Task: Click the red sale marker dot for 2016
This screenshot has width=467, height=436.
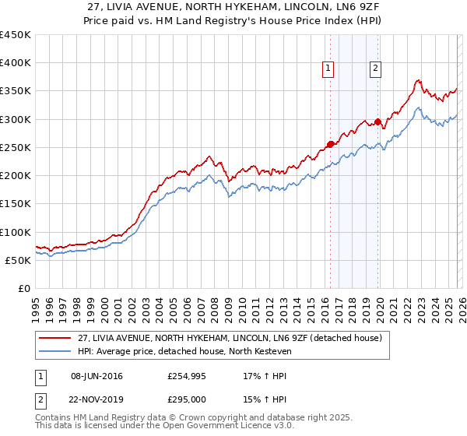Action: coord(330,144)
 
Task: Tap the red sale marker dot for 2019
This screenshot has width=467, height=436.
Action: coord(378,121)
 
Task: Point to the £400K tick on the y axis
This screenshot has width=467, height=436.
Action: coord(16,63)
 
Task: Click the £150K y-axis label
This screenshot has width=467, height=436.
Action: coord(16,204)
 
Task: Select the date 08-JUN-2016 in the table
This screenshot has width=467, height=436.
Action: coord(97,376)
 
